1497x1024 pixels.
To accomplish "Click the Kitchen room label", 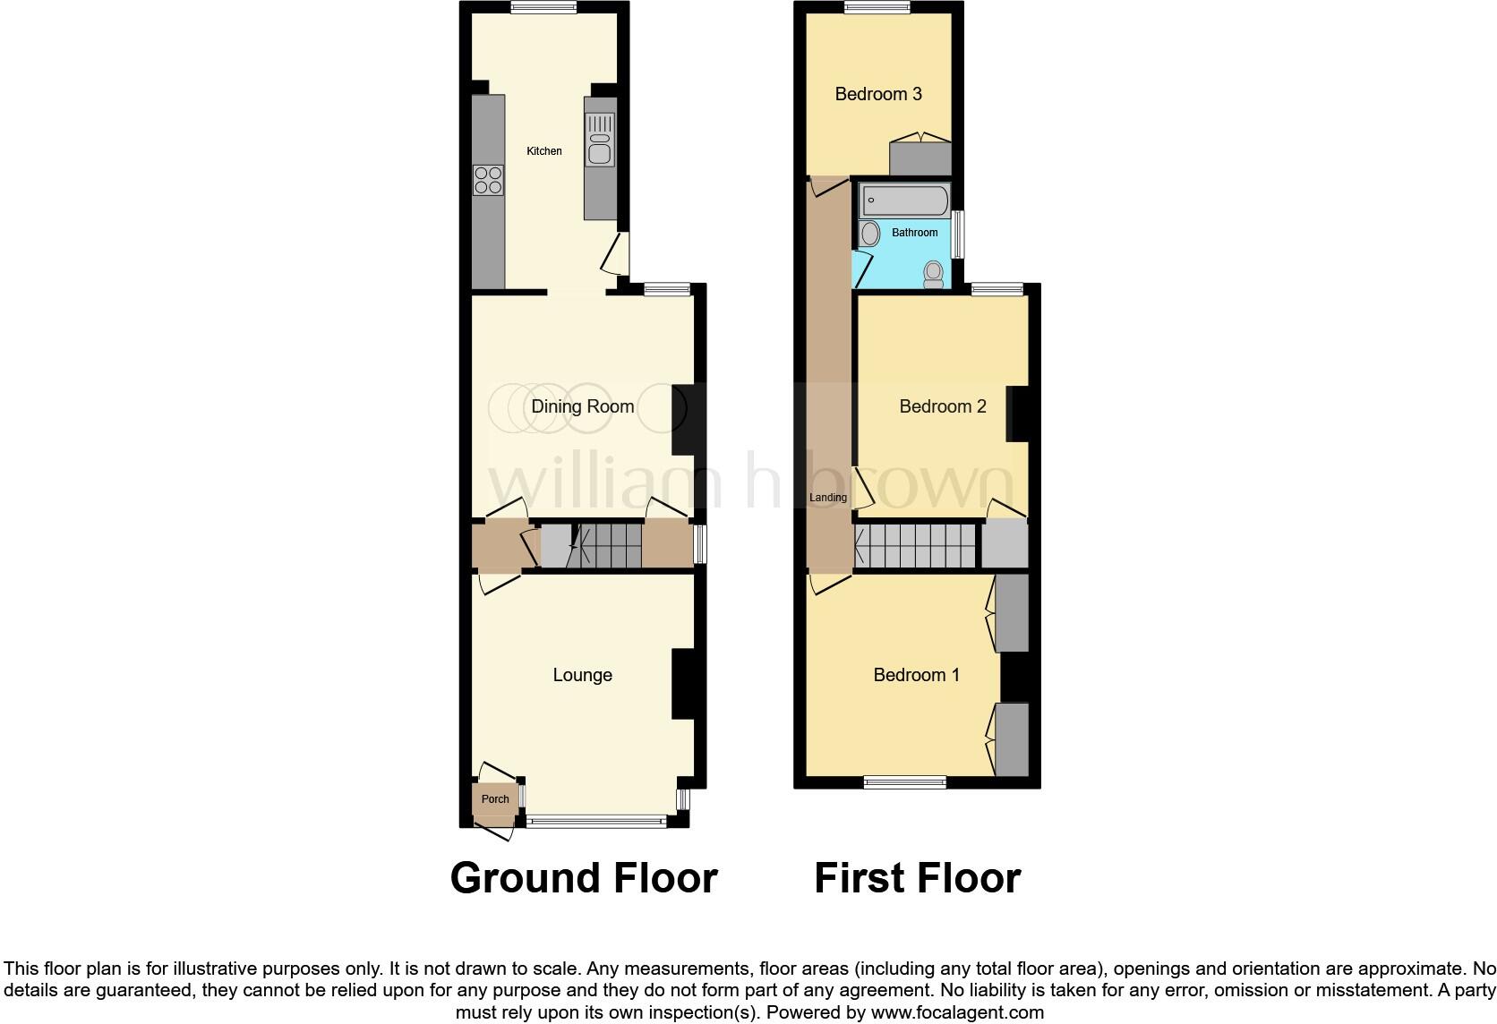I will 543,151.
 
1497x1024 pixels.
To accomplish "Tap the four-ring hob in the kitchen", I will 488,181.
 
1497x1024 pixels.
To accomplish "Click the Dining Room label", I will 582,406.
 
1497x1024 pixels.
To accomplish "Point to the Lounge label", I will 582,675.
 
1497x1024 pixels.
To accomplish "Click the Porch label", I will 495,799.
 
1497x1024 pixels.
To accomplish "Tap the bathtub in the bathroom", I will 904,201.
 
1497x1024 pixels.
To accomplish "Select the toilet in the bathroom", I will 934,274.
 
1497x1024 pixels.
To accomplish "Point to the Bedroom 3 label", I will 877,94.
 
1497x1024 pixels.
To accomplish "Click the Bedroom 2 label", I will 942,406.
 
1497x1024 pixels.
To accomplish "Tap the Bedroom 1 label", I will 916,675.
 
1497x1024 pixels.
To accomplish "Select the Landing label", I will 827,498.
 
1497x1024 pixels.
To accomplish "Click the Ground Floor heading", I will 584,878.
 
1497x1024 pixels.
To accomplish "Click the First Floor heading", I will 917,878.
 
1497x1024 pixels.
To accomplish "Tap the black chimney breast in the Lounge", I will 683,683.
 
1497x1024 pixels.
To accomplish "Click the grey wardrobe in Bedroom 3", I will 920,158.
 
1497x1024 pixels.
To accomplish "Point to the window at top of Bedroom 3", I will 877,7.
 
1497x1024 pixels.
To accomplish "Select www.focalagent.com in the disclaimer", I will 957,1013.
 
